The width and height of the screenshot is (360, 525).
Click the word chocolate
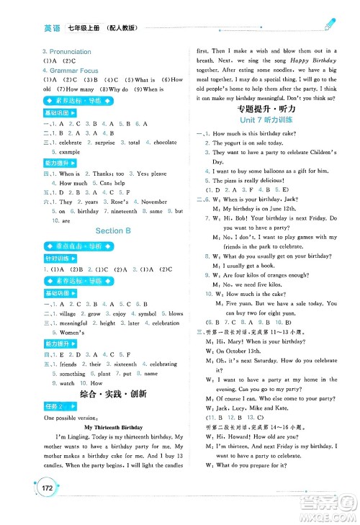point(165,143)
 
